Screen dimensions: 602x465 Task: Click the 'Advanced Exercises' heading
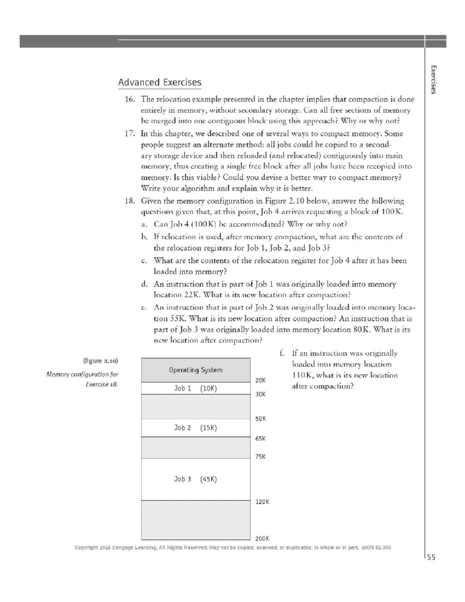tap(160, 82)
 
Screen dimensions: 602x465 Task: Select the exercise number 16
tap(129, 99)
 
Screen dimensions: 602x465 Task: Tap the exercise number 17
tap(129, 134)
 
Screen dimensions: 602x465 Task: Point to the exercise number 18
tap(129, 201)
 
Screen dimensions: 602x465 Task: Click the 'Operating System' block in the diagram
tap(196, 370)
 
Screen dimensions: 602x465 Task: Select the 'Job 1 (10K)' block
tap(196, 388)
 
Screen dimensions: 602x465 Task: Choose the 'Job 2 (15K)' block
tap(196, 428)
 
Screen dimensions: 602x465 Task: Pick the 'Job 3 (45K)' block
tap(196, 479)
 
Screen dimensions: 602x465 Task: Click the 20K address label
tap(260, 380)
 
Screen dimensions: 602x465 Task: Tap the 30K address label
tap(260, 394)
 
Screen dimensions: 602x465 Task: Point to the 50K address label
tap(260, 419)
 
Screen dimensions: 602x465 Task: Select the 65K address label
tap(260, 438)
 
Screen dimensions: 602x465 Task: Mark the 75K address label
tap(260, 457)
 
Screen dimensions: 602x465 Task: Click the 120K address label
tap(262, 502)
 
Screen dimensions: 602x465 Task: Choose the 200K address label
tap(262, 538)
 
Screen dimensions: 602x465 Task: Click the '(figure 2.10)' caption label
tap(100, 361)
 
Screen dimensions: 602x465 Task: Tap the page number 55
tap(431, 557)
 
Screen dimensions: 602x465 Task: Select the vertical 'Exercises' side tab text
tap(434, 79)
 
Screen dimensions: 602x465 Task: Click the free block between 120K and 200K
tap(196, 520)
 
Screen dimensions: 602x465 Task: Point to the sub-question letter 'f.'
tap(282, 354)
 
